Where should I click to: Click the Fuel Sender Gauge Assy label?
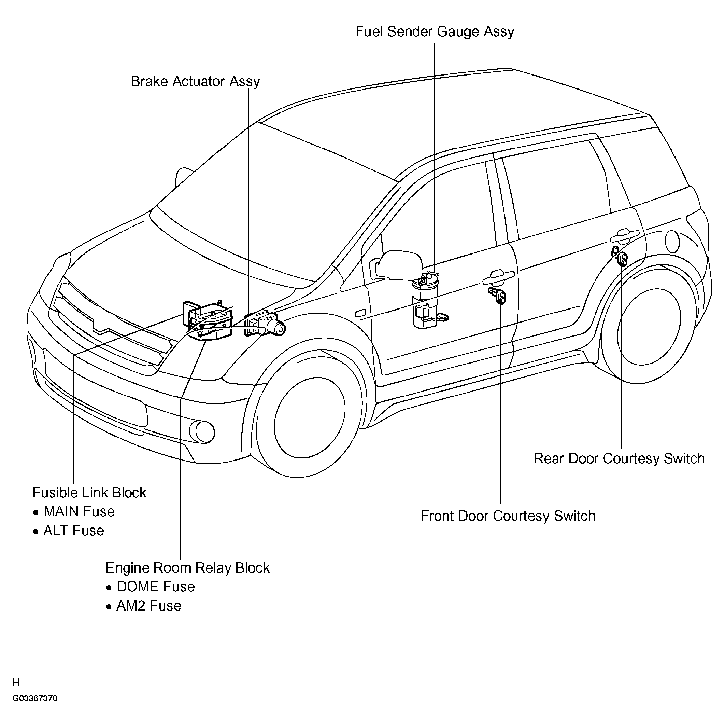click(435, 32)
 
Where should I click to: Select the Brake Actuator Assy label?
click(195, 82)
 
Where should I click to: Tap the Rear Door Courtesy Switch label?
click(619, 459)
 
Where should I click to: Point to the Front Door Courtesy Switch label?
click(508, 516)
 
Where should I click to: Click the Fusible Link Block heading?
click(89, 493)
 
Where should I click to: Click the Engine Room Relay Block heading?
click(187, 568)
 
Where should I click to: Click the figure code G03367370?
click(34, 699)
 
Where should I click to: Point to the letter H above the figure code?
click(16, 683)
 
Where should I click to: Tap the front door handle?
click(499, 277)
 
